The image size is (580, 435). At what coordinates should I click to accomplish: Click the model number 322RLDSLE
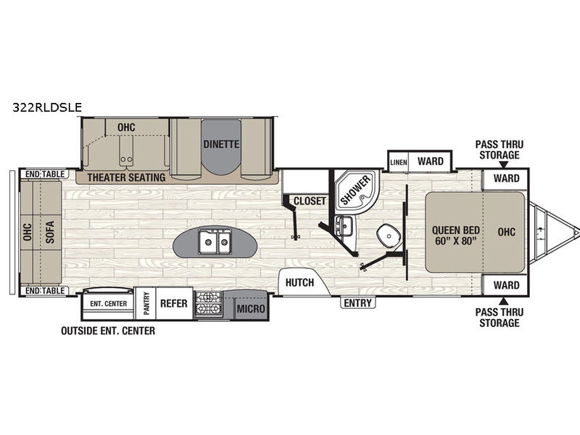tap(47, 107)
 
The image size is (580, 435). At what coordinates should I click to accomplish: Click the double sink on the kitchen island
tap(215, 242)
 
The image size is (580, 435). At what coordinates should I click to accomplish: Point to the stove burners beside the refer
tap(208, 303)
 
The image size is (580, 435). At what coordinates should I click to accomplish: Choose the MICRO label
tap(251, 308)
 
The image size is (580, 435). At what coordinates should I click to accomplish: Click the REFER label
tap(173, 303)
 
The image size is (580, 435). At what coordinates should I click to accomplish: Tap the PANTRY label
tap(146, 303)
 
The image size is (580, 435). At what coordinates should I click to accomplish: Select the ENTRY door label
tap(357, 303)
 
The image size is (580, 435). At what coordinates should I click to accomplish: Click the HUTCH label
tap(299, 283)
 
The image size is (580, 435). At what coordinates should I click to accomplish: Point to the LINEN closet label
tap(399, 162)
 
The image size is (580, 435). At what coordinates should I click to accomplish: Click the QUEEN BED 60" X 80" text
tap(456, 236)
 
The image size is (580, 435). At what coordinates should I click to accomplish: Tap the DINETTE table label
tap(221, 144)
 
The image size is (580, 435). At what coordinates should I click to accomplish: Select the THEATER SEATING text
tap(126, 178)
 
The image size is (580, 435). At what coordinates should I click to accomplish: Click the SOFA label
tap(50, 232)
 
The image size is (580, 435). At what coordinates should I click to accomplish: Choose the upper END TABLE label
tap(45, 174)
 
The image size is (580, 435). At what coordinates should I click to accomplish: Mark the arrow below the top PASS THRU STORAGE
tap(500, 165)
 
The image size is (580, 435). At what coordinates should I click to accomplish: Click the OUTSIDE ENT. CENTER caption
tap(108, 331)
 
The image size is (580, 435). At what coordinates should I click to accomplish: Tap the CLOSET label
tap(310, 201)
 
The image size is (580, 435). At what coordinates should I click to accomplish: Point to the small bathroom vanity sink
tap(345, 225)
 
